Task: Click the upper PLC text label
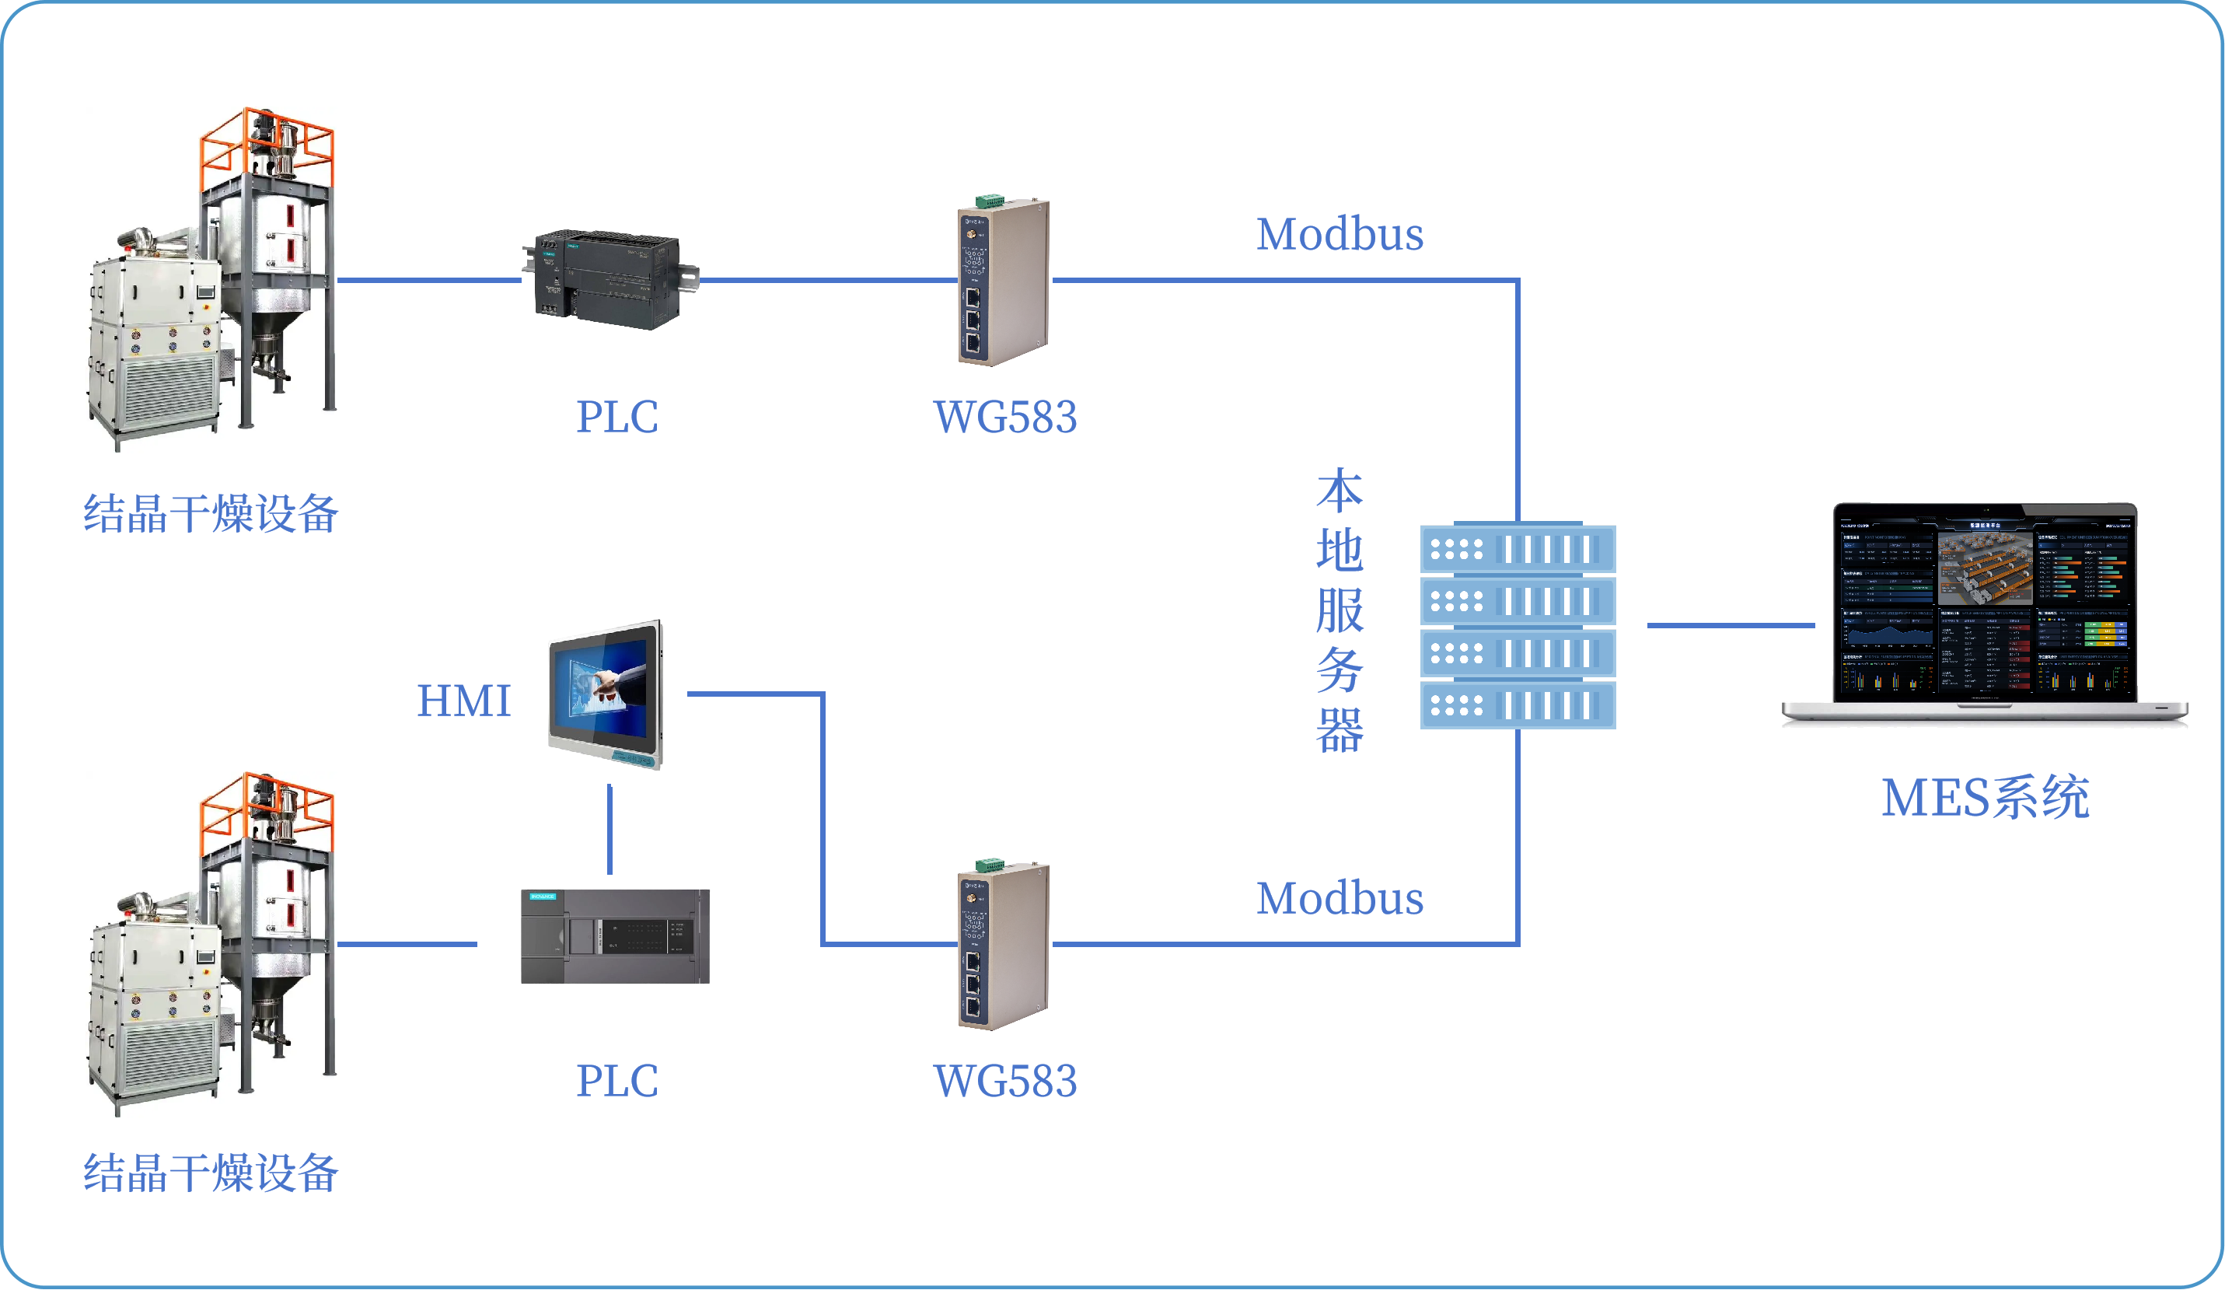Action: (x=617, y=417)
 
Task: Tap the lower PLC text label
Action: (x=617, y=1081)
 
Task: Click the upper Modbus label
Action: (x=1340, y=235)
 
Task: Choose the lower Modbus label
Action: (x=1340, y=899)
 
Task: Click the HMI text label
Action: (x=463, y=701)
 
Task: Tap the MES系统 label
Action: (x=1985, y=799)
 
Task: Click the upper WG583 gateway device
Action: (x=1004, y=281)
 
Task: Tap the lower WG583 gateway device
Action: (x=1004, y=946)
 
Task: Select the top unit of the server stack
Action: (x=1517, y=549)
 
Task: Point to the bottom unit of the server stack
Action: (x=1517, y=705)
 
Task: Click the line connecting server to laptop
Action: (x=1731, y=625)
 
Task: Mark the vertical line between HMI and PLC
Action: (x=610, y=829)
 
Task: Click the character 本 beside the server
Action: (x=1340, y=491)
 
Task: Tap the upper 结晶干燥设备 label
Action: (x=211, y=514)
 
